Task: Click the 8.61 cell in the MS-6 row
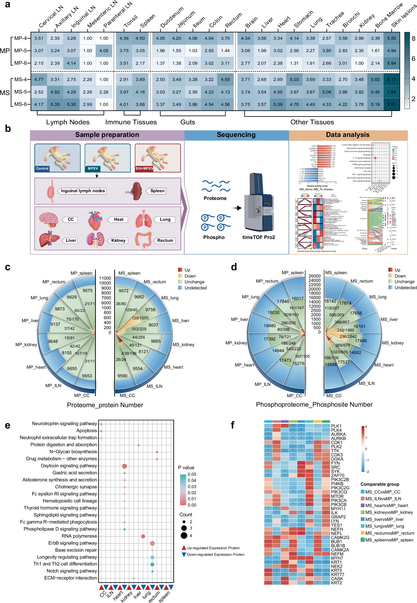tap(391, 104)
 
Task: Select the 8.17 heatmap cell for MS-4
tap(391, 79)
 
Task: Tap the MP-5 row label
tap(20, 50)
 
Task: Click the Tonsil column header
tap(130, 22)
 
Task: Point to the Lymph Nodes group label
tap(68, 122)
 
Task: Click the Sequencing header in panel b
tap(236, 135)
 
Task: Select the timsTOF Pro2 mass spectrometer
tap(259, 203)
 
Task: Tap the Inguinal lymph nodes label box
tap(83, 191)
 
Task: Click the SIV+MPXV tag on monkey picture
tap(144, 168)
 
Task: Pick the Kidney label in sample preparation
tap(118, 240)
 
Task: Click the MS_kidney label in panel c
tap(183, 345)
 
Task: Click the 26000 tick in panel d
tap(314, 276)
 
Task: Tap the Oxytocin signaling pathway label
tap(69, 466)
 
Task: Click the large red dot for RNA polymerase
tap(143, 536)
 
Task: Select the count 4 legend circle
tap(184, 536)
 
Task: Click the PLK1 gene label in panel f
tap(336, 426)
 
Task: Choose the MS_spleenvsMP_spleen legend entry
tap(389, 540)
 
